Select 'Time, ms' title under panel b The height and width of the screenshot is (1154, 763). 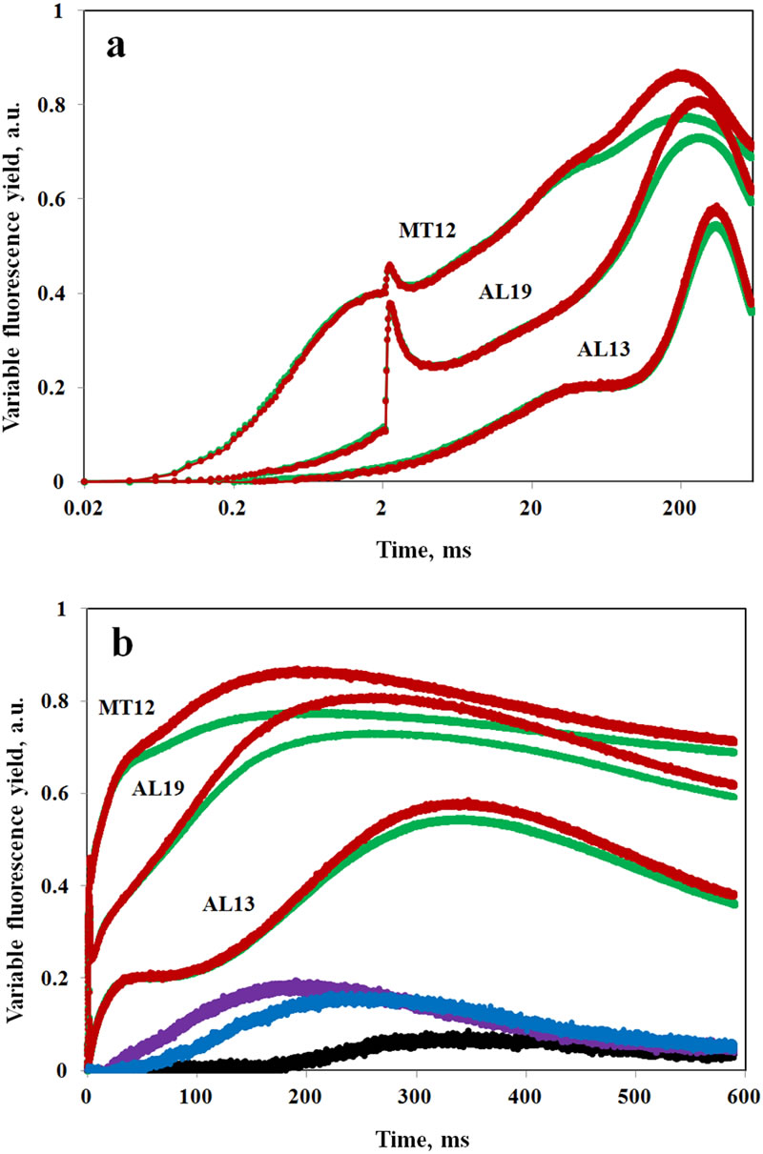click(421, 1138)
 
